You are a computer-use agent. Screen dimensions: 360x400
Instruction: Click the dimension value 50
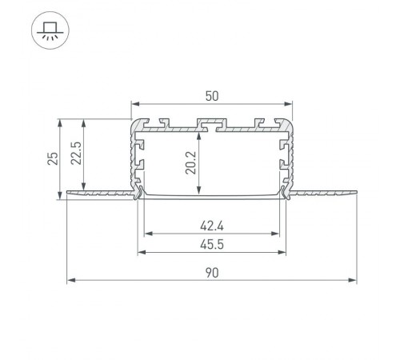tap(211, 95)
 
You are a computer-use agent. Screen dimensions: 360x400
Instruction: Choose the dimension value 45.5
tap(211, 244)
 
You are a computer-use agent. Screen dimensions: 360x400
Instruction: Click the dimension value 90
tap(211, 273)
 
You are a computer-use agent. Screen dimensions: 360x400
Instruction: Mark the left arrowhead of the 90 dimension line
tap(70, 280)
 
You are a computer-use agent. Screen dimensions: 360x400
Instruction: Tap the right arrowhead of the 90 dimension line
tap(354, 280)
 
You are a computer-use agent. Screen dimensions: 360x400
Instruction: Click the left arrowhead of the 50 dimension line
tap(134, 104)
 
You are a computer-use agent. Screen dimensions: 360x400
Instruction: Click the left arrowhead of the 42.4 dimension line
tap(147, 234)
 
